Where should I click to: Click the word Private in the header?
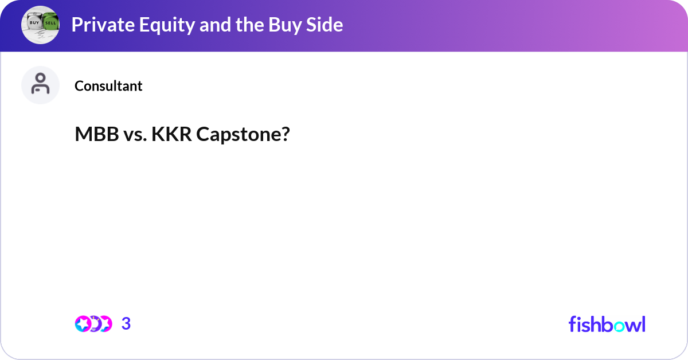103,25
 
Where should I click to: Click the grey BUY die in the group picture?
34,22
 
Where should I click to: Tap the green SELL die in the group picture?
50,22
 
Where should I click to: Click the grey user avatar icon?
40,85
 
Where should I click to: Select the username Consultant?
108,86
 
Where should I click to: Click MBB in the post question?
97,134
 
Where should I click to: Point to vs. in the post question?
135,135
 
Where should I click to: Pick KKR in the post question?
171,134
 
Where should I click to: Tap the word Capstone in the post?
238,135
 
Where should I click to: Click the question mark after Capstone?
285,134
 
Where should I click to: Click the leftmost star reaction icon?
83,324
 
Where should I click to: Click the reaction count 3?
126,324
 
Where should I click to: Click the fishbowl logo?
607,324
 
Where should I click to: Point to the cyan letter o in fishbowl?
620,326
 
